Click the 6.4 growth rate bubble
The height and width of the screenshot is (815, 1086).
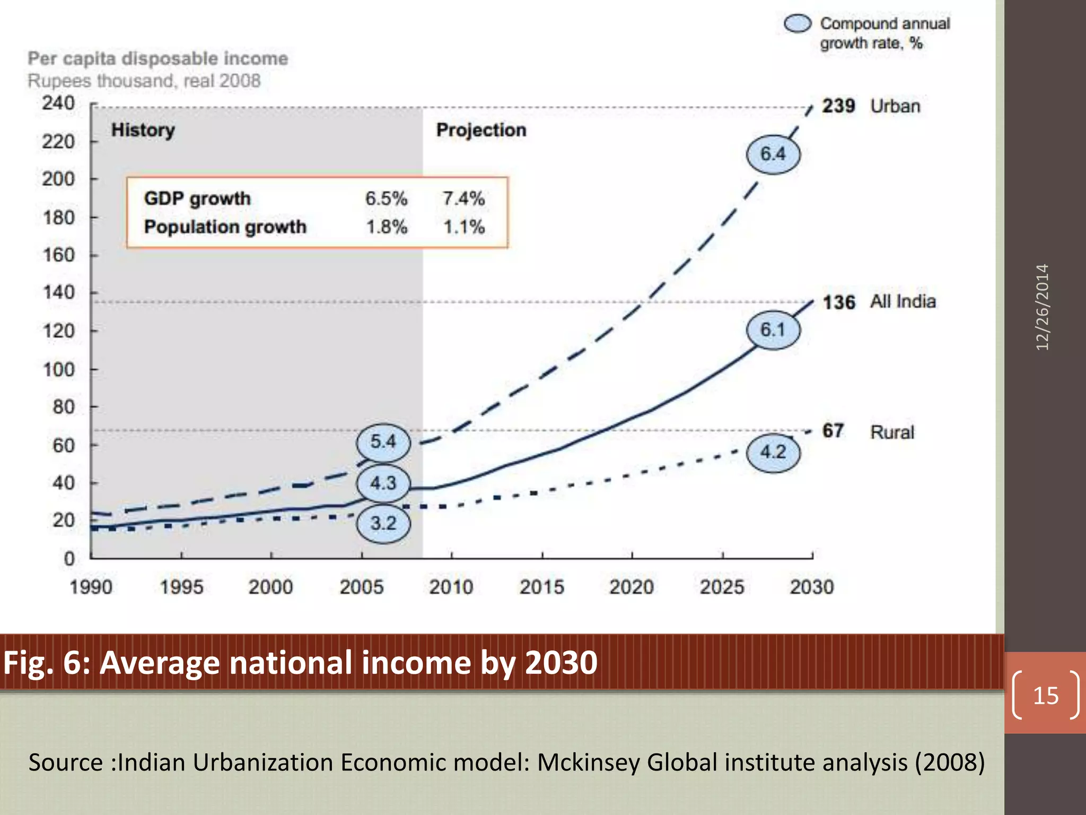[x=773, y=154]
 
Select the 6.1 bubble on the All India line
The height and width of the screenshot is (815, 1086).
[x=773, y=330]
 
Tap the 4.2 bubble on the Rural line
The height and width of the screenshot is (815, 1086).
[x=773, y=452]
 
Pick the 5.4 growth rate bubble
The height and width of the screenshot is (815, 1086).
[x=383, y=441]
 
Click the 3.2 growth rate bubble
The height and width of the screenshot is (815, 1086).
[x=383, y=523]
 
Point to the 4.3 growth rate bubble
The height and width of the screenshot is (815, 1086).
[x=383, y=483]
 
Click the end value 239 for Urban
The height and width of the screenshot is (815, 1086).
[x=838, y=106]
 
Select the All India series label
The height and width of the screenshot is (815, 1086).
[x=903, y=301]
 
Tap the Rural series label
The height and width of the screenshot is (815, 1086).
[x=892, y=432]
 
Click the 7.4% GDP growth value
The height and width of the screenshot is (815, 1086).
[x=463, y=198]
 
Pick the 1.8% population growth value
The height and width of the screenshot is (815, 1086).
[x=387, y=227]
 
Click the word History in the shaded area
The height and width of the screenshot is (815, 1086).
[x=143, y=130]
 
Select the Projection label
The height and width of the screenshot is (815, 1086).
[x=481, y=130]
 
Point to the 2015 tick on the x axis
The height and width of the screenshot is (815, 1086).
[x=541, y=587]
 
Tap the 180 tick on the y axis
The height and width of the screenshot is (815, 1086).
[x=58, y=218]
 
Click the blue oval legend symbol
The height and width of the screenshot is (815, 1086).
[x=798, y=23]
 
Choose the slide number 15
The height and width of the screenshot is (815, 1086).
[x=1045, y=695]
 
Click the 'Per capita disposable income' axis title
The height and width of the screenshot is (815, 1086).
[x=157, y=58]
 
